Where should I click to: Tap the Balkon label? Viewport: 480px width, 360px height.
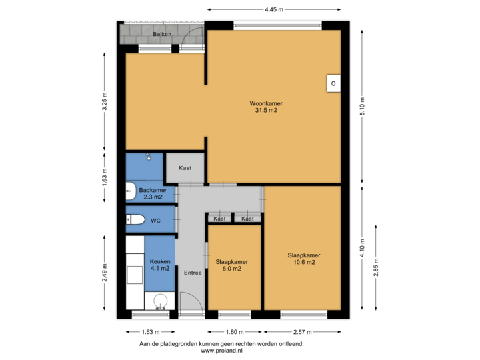click(162, 33)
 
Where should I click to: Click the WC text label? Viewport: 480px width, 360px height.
click(155, 219)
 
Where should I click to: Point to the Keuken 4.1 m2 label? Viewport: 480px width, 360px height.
click(159, 265)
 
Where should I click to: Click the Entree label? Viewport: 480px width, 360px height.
click(193, 272)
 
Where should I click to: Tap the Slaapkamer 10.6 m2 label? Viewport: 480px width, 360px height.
click(303, 259)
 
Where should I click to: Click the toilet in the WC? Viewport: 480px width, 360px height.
click(136, 219)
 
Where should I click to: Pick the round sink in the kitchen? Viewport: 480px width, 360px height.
click(160, 303)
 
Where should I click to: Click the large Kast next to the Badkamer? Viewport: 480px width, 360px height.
click(185, 168)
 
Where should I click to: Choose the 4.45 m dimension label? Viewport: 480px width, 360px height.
click(273, 10)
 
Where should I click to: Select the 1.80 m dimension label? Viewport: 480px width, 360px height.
click(233, 331)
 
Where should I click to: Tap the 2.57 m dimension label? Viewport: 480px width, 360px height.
click(303, 331)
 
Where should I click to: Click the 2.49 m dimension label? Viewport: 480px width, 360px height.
click(105, 272)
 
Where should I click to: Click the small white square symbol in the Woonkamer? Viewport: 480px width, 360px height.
click(332, 83)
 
